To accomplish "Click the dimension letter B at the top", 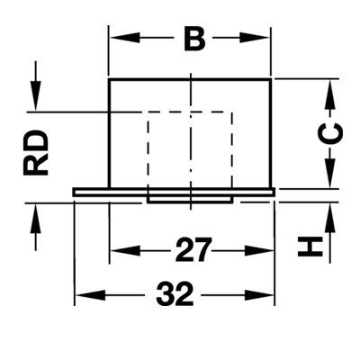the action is (194, 39).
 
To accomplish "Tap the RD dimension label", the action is (35, 153).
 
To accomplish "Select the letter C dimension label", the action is (329, 133).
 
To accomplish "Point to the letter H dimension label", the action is (310, 247).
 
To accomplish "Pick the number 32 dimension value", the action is (175, 294).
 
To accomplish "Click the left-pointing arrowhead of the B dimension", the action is (125, 38).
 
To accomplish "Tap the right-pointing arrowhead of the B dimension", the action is (255, 38).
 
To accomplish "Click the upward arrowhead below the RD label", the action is (35, 219).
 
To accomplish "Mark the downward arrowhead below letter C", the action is (329, 173).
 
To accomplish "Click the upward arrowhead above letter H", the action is (329, 219).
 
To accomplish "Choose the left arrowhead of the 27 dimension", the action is (126, 250).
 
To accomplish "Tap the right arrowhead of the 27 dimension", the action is (258, 250).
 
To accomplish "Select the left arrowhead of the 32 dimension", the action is (90, 295).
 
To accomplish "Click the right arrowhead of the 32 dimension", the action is (258, 295).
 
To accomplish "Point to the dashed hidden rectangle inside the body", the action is (148, 150).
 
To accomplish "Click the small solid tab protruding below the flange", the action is (190, 200).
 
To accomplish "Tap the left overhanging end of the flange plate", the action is (91, 192).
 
